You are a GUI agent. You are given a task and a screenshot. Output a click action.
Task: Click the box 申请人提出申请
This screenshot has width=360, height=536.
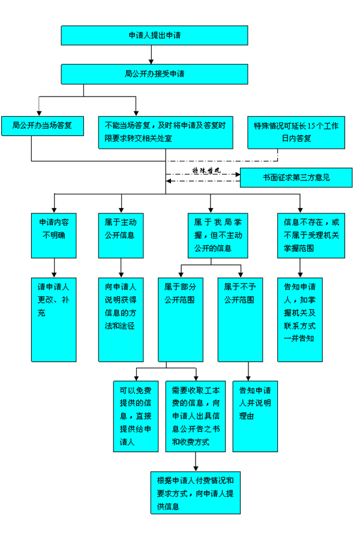[154, 35]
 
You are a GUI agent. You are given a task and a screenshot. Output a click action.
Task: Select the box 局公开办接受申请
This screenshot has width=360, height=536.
[154, 74]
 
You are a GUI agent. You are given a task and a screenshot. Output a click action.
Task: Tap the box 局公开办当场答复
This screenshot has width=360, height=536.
[42, 125]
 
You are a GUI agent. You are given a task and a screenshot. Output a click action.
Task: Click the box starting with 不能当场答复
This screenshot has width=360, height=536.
[165, 131]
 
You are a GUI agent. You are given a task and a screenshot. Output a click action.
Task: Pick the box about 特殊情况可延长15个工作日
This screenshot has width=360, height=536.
[296, 131]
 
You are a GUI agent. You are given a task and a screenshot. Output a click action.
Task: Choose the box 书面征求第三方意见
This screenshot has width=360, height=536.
[296, 178]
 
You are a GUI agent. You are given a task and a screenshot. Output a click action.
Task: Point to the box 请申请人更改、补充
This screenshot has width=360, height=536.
[54, 318]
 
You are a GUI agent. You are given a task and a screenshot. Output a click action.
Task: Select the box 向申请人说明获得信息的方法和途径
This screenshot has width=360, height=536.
[121, 318]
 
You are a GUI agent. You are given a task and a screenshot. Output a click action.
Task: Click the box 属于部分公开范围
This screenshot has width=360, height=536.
[180, 318]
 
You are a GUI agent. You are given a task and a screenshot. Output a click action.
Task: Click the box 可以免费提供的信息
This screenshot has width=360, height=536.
[136, 415]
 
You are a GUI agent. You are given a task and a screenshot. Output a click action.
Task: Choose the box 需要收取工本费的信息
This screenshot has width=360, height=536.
[195, 415]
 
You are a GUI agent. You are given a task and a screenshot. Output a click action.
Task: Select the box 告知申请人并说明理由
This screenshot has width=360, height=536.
[255, 415]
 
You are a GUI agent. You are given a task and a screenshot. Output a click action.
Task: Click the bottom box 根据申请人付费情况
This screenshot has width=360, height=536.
[196, 492]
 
